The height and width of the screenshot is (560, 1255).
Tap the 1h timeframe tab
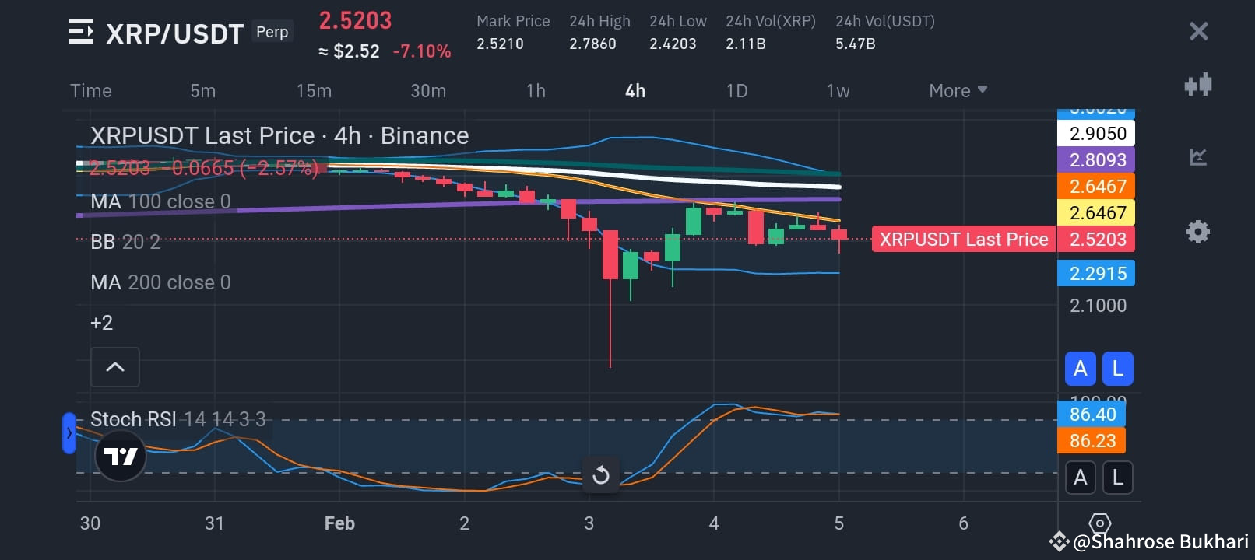536,91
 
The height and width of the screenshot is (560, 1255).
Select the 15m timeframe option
314,91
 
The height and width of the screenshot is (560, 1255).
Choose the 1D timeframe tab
736,91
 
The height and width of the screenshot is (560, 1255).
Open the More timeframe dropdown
958,91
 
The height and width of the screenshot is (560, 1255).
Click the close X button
1198,31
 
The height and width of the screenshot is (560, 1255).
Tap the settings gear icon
1197,232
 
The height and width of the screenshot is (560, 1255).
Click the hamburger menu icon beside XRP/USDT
81,32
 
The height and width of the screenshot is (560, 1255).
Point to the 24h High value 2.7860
592,44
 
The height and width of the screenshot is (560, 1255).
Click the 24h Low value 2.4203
673,44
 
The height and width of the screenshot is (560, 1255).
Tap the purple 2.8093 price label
1097,160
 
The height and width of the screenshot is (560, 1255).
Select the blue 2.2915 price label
1097,274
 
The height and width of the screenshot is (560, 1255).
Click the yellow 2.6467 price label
1097,212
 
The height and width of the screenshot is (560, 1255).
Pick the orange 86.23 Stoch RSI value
1092,441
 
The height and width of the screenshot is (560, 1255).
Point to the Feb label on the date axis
339,523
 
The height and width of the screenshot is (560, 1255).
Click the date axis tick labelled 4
714,523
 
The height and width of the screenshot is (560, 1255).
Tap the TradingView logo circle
121,456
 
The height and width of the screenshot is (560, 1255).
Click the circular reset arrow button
600,474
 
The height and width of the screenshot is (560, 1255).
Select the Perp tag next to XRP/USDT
272,32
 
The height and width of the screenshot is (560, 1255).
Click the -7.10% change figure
422,51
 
